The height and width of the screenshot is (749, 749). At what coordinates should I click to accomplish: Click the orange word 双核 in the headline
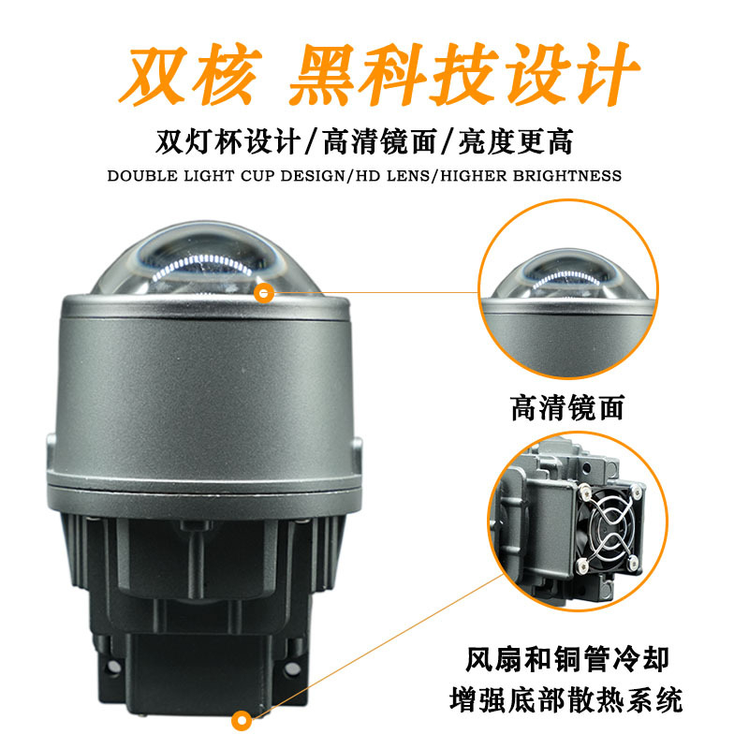[x=191, y=74]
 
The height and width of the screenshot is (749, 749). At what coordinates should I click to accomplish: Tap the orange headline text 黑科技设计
[x=463, y=74]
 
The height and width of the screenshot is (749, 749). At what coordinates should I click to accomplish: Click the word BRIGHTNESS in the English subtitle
[x=567, y=176]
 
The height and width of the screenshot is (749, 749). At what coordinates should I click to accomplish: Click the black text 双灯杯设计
[x=228, y=141]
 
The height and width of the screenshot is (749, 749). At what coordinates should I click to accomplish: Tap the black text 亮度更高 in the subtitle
[x=516, y=141]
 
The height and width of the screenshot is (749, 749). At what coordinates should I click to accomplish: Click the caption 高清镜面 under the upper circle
[x=567, y=407]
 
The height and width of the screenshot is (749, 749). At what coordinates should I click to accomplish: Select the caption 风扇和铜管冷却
[x=567, y=659]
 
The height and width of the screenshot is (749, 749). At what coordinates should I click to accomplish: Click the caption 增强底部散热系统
[x=566, y=699]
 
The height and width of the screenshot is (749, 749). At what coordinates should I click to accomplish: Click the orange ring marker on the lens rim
[x=264, y=293]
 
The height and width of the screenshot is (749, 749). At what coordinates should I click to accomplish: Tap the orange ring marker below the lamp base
[x=242, y=721]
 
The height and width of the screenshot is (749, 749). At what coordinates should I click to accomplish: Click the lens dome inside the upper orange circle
[x=567, y=274]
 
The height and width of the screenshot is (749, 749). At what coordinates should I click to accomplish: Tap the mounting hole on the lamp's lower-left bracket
[x=113, y=666]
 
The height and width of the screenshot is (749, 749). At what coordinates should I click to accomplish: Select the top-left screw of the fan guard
[x=584, y=490]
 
